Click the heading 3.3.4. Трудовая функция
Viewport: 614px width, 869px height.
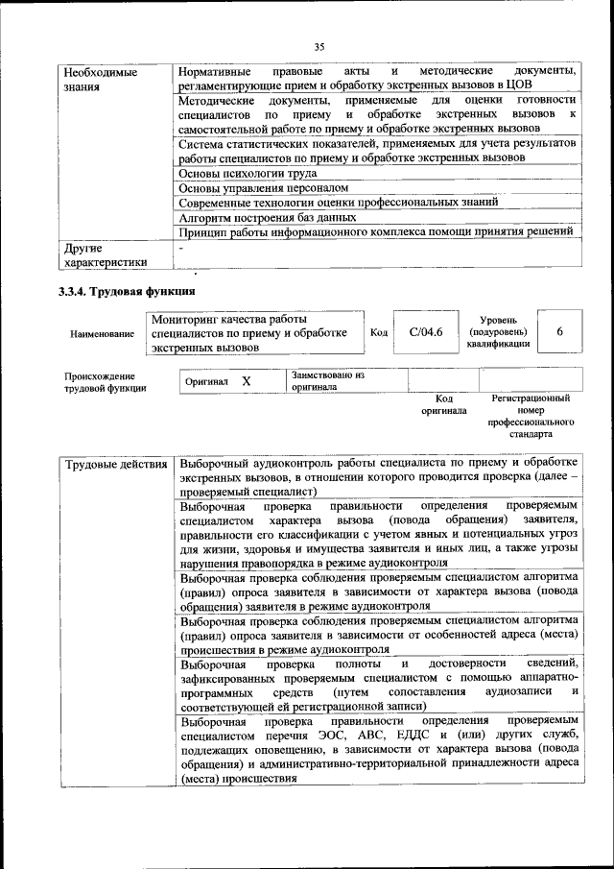pyautogui.click(x=127, y=292)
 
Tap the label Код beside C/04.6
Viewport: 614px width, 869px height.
pyautogui.click(x=378, y=332)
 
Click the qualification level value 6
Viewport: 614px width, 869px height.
pyautogui.click(x=559, y=332)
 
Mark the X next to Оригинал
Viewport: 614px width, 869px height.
pyautogui.click(x=246, y=381)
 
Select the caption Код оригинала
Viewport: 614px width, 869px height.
pyautogui.click(x=443, y=404)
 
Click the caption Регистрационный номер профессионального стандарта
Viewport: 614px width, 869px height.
pyautogui.click(x=531, y=416)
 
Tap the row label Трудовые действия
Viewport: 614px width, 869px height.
pyautogui.click(x=115, y=466)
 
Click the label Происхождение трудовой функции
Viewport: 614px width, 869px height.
pyautogui.click(x=106, y=382)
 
